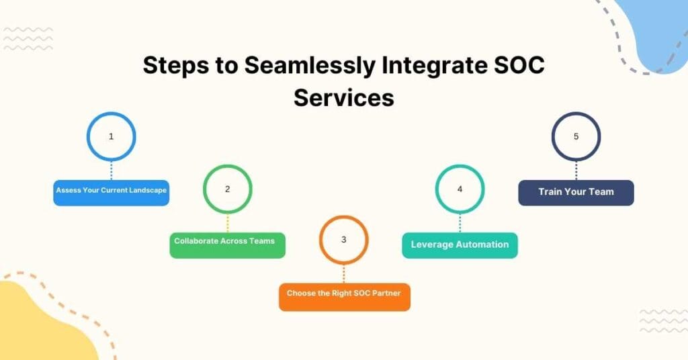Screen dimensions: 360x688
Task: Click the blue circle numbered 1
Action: click(111, 136)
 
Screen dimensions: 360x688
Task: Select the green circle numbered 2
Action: click(227, 189)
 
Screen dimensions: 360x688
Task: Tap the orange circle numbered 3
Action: click(343, 240)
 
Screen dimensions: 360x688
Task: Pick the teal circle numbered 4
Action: click(460, 189)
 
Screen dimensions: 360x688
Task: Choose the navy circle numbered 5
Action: click(576, 136)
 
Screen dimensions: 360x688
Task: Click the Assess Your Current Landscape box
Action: click(111, 191)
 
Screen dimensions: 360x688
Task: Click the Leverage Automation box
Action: click(460, 245)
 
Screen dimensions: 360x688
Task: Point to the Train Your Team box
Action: click(576, 192)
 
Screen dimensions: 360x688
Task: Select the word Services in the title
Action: click(343, 97)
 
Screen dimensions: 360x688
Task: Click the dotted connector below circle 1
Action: click(111, 170)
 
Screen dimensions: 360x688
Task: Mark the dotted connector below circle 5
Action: click(576, 170)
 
